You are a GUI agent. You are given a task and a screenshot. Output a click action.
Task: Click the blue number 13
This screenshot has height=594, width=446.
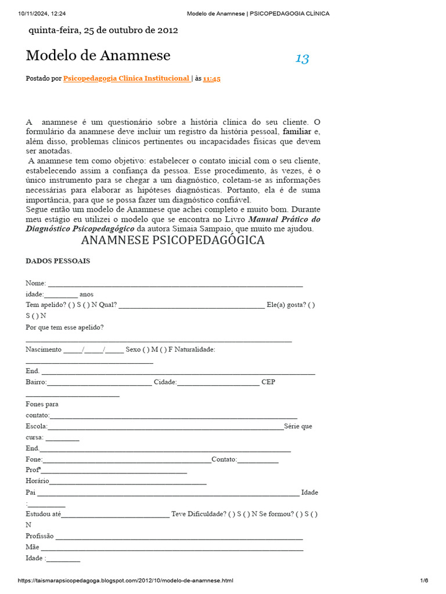tap(302, 58)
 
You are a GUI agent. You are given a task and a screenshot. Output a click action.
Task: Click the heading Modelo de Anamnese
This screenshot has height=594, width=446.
tap(98, 56)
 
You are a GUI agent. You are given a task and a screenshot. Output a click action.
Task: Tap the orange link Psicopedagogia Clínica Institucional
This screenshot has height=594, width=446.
tap(126, 78)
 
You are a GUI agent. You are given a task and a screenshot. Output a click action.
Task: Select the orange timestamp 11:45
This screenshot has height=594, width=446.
tap(211, 79)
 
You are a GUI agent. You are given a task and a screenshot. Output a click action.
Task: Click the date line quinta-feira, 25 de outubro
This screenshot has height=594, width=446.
tap(103, 30)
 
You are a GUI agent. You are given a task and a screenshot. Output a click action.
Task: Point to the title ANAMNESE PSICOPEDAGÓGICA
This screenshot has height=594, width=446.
tap(173, 240)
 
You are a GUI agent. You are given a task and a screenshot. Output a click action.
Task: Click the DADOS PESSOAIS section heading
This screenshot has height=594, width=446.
tap(57, 261)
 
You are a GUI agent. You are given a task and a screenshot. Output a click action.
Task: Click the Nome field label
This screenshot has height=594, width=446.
tap(35, 283)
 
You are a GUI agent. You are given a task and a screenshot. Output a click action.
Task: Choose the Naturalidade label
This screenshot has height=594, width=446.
tap(195, 349)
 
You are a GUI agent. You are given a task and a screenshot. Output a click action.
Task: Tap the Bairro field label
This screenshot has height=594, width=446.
tap(36, 382)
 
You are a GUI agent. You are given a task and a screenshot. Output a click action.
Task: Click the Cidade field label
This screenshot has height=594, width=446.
tap(165, 382)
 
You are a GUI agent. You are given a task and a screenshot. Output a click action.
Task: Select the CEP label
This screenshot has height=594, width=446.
tap(268, 382)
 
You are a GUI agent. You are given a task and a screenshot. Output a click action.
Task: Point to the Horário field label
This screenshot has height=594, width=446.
tap(37, 481)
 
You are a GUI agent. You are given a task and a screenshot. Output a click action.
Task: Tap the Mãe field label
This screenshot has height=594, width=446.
tap(32, 547)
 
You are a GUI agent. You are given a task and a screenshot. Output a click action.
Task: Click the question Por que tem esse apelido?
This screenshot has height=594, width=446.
tap(64, 327)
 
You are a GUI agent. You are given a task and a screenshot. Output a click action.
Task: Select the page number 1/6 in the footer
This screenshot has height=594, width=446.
tap(424, 581)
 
